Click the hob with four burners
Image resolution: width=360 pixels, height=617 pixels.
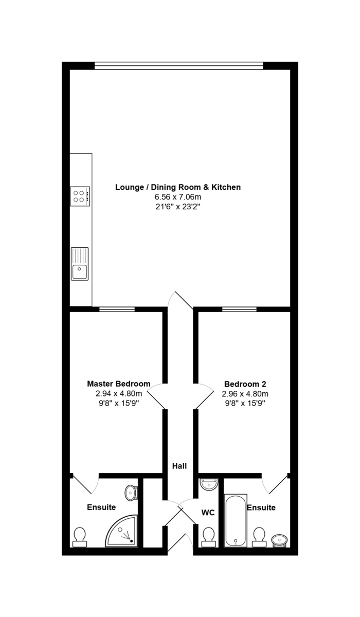(x=80, y=196)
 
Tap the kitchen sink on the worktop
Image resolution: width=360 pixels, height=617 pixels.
(x=80, y=264)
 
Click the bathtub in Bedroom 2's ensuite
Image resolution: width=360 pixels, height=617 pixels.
(x=236, y=520)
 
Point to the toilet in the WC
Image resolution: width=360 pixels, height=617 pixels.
(x=208, y=537)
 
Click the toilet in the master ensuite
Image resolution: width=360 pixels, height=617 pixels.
(x=80, y=537)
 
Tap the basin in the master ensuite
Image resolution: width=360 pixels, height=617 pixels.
(x=131, y=493)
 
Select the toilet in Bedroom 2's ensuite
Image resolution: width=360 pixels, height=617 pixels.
(x=259, y=537)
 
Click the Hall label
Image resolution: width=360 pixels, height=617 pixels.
(x=179, y=466)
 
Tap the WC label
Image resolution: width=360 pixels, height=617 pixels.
(x=208, y=513)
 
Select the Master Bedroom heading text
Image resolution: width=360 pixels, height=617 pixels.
(x=119, y=384)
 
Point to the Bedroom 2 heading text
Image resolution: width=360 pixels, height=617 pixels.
(x=245, y=384)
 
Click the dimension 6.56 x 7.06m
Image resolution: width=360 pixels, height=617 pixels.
(x=178, y=197)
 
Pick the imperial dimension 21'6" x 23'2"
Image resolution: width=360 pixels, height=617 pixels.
(x=178, y=207)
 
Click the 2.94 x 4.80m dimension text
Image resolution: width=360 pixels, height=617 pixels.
(x=119, y=394)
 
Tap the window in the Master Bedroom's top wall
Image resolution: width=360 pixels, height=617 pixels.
(x=117, y=309)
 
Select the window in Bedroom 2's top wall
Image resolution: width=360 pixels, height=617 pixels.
(x=239, y=309)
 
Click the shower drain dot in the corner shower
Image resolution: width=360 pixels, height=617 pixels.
(x=131, y=541)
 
